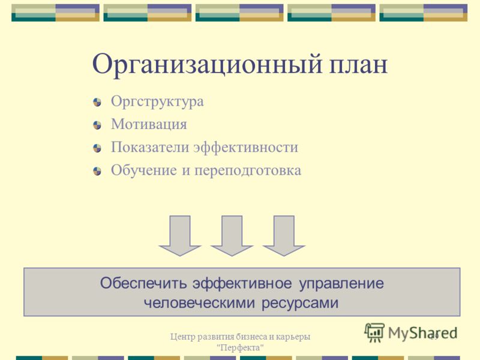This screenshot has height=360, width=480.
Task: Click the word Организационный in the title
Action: [208, 65]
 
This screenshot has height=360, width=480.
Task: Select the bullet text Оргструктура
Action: [157, 102]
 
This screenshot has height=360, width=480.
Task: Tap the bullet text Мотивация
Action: [149, 124]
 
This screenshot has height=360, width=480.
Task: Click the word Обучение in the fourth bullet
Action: [144, 170]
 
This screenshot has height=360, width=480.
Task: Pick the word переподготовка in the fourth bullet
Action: [248, 171]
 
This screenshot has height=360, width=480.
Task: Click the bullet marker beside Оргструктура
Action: [97, 102]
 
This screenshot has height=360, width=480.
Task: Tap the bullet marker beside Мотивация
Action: [97, 125]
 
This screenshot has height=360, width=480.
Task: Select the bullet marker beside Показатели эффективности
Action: [97, 148]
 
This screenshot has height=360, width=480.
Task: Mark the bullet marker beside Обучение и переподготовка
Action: [97, 171]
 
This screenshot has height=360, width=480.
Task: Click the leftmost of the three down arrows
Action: [179, 236]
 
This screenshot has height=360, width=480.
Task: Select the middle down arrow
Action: [232, 236]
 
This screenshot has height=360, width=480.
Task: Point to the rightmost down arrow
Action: [284, 236]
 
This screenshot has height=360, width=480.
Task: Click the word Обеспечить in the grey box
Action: [143, 283]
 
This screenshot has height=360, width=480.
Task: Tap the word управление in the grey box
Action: [341, 284]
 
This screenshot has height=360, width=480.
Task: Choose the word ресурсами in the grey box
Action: [300, 304]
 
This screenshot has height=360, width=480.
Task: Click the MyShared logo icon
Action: [374, 332]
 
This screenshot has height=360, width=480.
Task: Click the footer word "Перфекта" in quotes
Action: [240, 348]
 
